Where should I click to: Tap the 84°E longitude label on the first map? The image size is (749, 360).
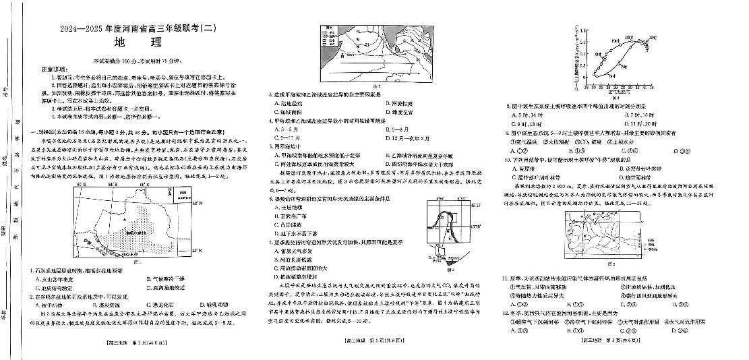tap(111, 184)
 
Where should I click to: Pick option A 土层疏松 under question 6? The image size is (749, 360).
tap(288, 207)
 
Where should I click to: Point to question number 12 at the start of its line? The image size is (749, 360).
tap(504, 312)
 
